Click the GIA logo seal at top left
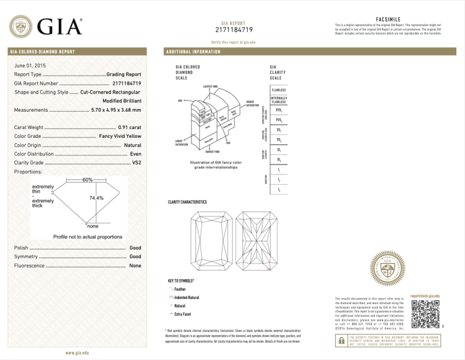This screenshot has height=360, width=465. coord(20,26)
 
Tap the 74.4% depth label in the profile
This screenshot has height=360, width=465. coord(96,198)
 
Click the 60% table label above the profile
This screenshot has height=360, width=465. coord(88,180)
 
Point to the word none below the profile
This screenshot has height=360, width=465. coord(92,225)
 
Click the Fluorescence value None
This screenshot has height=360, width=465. coord(135,265)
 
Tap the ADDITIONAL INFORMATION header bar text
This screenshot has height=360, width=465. coord(194,52)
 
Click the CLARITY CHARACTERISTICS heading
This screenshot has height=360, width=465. coord(187,202)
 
